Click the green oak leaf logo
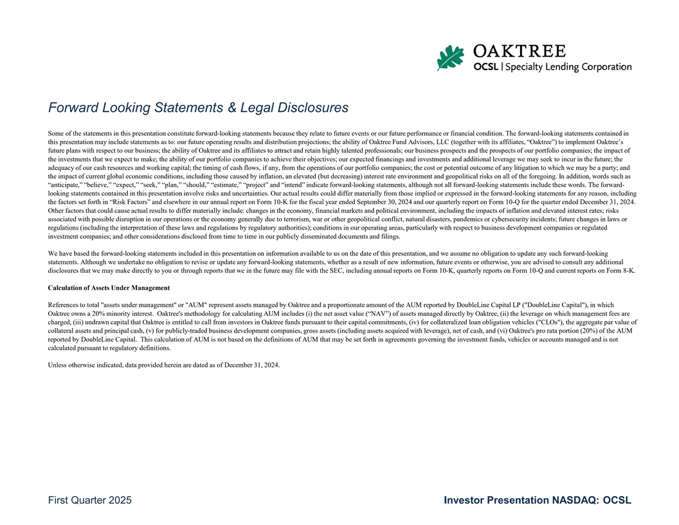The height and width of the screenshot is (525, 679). [450, 58]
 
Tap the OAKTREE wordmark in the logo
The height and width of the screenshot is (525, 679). [520, 51]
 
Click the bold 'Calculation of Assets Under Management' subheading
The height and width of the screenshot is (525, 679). [109, 288]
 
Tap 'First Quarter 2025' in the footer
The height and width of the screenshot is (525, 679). [90, 501]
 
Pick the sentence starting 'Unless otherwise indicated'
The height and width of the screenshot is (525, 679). [164, 365]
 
